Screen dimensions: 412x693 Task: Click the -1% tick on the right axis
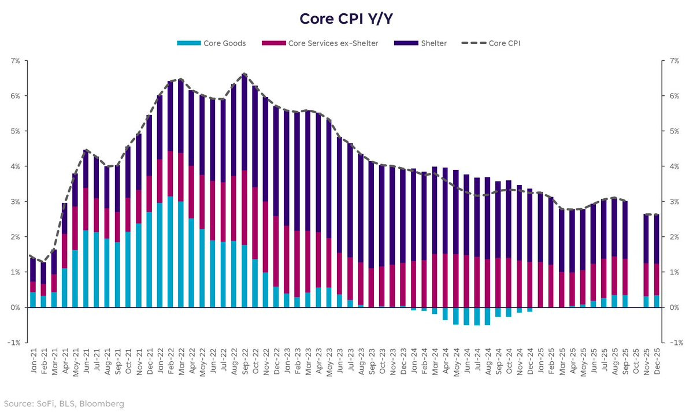tap(672, 343)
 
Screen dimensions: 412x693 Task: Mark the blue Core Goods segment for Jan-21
tap(33, 300)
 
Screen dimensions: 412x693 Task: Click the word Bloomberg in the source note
tap(104, 403)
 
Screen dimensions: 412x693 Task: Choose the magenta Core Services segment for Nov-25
tap(646, 280)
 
